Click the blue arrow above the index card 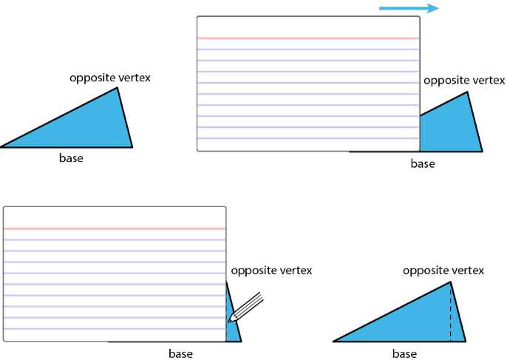(x=409, y=8)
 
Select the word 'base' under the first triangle (x=71, y=158)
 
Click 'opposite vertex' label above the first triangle (x=110, y=78)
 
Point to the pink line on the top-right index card (x=308, y=38)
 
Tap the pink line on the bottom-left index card (x=115, y=228)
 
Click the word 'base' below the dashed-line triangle (x=404, y=353)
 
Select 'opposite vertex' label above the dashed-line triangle (x=443, y=271)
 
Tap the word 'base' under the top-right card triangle (x=423, y=163)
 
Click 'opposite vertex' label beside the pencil (x=271, y=271)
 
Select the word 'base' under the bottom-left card (x=180, y=353)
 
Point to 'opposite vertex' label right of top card (x=464, y=80)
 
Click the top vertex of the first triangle (x=118, y=88)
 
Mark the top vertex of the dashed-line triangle (x=450, y=282)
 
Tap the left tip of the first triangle (x=2, y=147)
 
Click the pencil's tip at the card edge (x=231, y=320)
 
